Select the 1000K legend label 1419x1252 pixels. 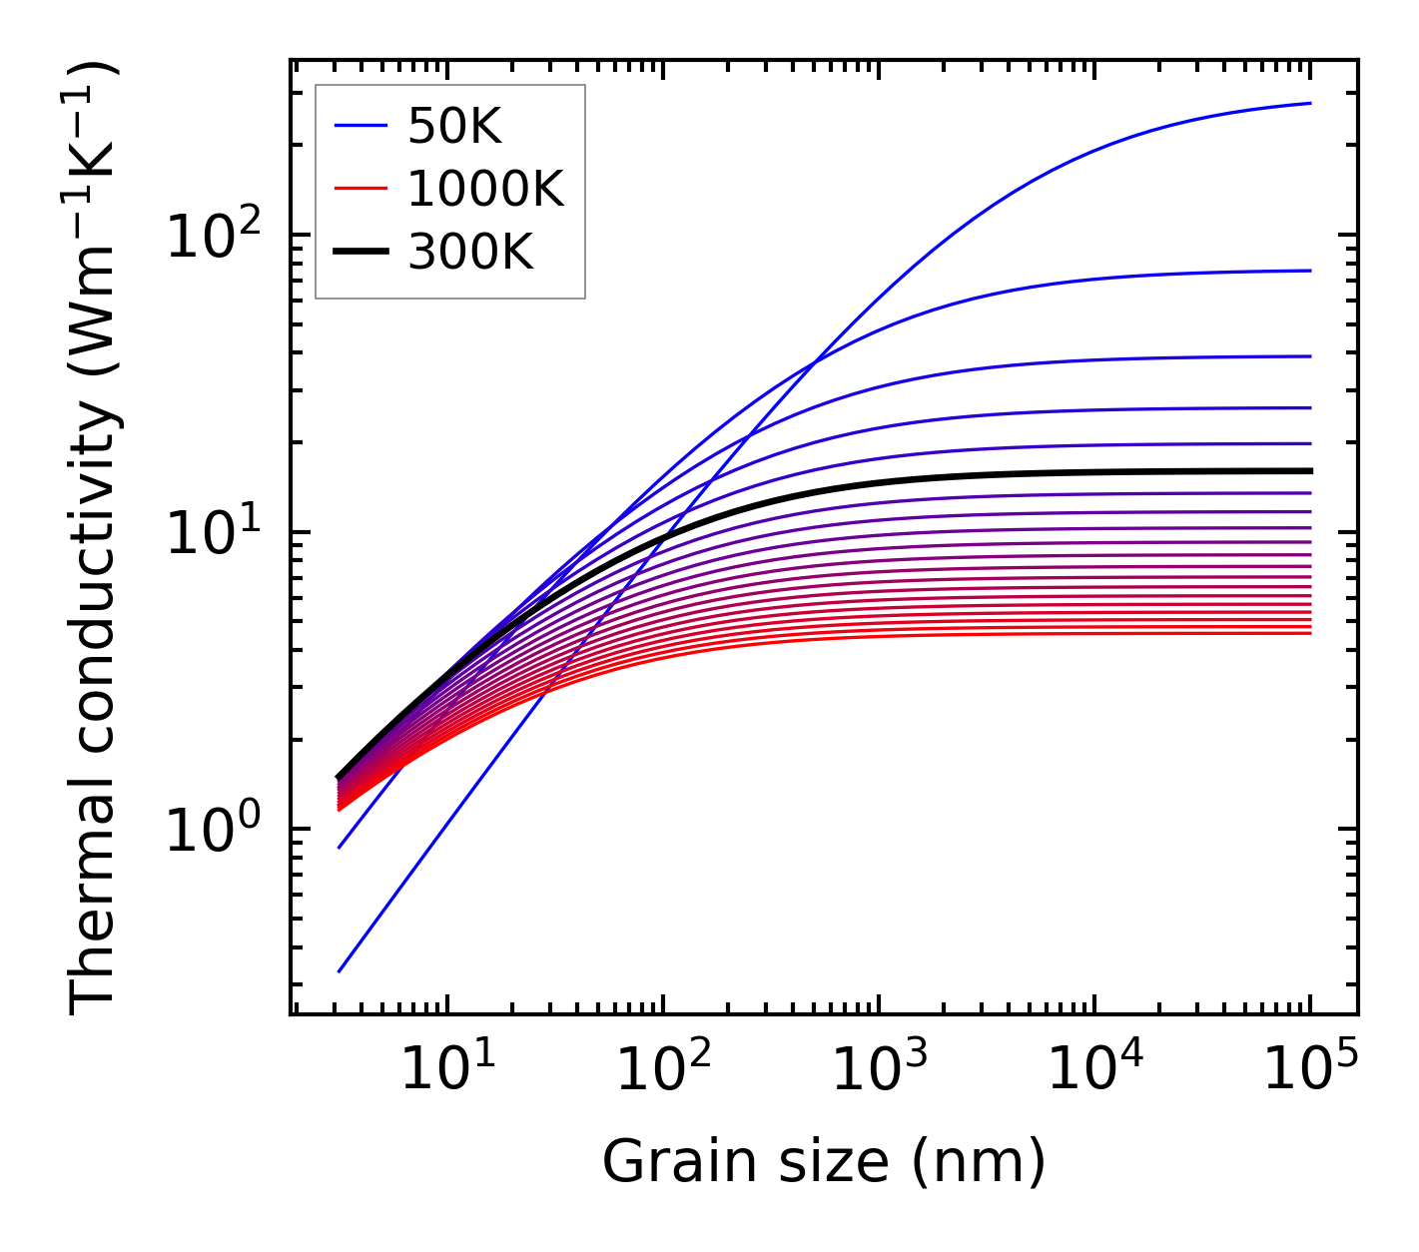point(486,189)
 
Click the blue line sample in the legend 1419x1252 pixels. point(359,126)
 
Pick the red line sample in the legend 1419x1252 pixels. point(359,189)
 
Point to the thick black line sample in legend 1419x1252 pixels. point(359,253)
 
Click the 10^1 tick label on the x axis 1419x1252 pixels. point(447,1070)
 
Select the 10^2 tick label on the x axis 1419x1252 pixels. point(664,1070)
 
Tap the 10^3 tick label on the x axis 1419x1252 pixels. point(880,1070)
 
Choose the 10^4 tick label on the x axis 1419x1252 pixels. point(1095,1070)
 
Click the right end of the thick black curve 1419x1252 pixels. point(1309,470)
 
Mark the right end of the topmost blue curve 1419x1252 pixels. point(1309,103)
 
